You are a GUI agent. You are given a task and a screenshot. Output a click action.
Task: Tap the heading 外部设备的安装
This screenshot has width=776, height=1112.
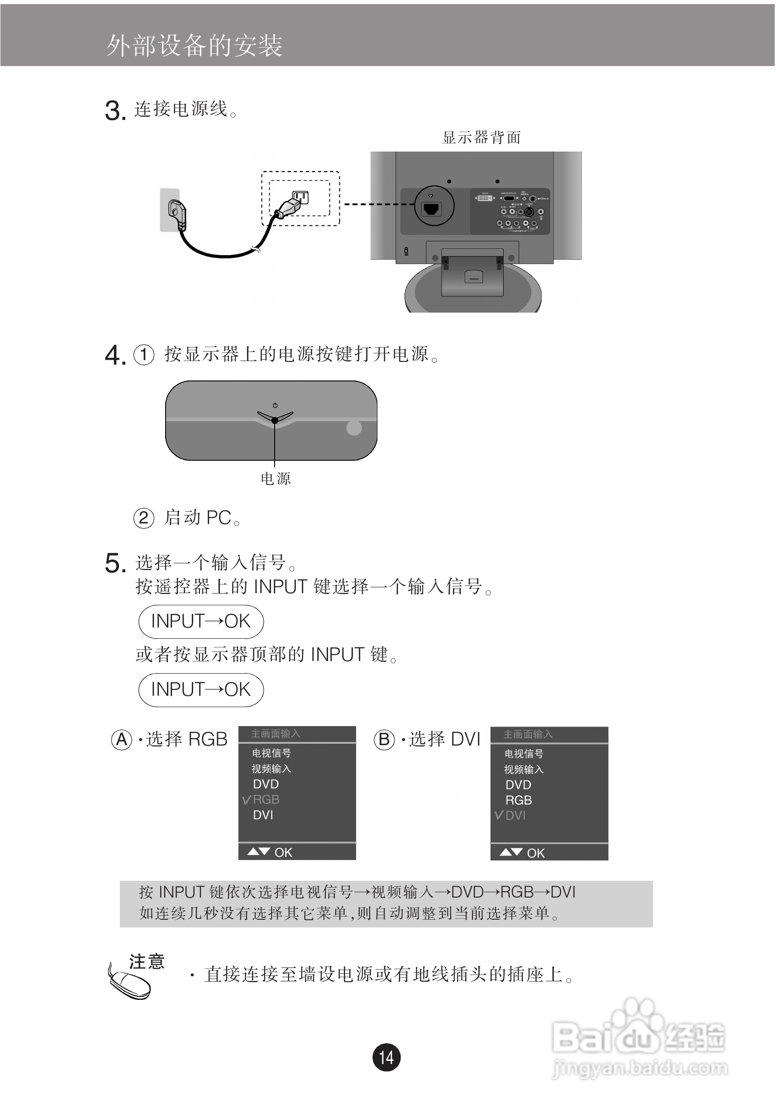click(x=194, y=46)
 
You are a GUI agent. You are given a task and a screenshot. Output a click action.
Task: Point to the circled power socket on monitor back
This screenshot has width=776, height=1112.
click(x=433, y=206)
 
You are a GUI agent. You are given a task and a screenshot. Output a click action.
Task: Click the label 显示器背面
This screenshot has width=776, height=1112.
click(x=481, y=138)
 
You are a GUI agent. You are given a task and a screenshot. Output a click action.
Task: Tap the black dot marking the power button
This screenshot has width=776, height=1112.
click(x=275, y=420)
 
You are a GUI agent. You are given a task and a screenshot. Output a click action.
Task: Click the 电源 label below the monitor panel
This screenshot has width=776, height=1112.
click(x=275, y=479)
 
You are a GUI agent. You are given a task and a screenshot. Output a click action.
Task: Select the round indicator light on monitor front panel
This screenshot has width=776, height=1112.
click(x=354, y=428)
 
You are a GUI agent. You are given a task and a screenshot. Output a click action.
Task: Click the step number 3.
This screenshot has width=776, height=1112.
click(x=115, y=111)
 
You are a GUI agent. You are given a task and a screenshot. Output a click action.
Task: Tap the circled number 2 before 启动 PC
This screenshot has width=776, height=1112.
click(x=143, y=518)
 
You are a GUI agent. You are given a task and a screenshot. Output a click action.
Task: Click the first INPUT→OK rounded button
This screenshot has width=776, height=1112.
click(x=200, y=622)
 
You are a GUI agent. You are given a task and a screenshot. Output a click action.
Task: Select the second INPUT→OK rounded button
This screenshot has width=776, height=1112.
click(x=200, y=689)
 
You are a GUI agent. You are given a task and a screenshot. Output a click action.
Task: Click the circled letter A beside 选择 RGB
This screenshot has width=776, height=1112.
click(x=122, y=740)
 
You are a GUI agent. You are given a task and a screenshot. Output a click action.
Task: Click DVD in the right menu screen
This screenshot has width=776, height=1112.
click(x=518, y=784)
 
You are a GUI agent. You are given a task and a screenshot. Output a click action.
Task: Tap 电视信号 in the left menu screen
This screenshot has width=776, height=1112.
click(x=271, y=753)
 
